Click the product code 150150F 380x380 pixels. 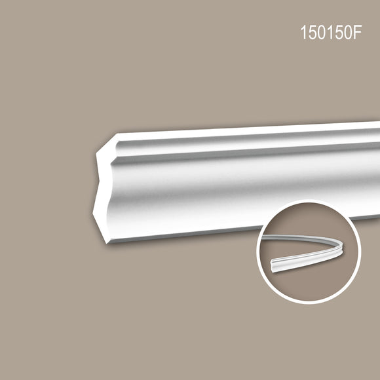pos(331,32)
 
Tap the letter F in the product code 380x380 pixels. pos(357,32)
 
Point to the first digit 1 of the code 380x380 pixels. pos(303,32)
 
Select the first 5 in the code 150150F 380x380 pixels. pos(312,32)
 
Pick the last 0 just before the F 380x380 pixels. pos(347,32)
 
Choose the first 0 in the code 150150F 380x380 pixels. pos(321,32)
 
